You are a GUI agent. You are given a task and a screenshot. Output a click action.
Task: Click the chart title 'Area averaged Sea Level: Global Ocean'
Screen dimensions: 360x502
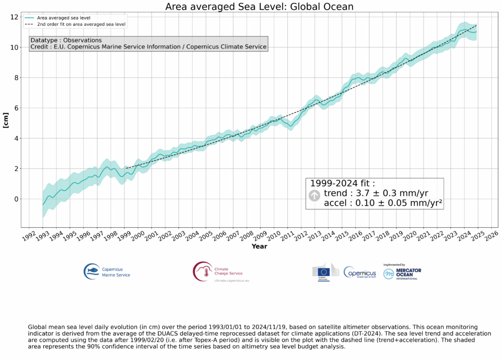[259, 6]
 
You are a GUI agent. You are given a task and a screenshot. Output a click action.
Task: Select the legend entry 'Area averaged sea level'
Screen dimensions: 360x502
[67, 18]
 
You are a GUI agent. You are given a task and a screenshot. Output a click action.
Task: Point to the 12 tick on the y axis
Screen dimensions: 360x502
[14, 18]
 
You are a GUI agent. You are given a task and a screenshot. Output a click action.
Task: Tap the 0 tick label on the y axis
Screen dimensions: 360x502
[16, 199]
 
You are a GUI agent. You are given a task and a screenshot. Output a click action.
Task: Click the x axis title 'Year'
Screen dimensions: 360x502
[259, 246]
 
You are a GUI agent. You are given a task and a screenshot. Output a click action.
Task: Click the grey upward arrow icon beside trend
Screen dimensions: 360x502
[314, 195]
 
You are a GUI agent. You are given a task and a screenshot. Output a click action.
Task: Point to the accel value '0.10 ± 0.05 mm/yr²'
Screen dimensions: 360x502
[382, 204]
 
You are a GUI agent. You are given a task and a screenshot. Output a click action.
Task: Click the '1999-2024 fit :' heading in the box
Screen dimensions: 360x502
[342, 184]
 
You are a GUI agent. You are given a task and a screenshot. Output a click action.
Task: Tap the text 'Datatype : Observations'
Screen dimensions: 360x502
[66, 40]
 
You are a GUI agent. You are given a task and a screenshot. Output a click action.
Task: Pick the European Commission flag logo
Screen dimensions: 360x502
[323, 272]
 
